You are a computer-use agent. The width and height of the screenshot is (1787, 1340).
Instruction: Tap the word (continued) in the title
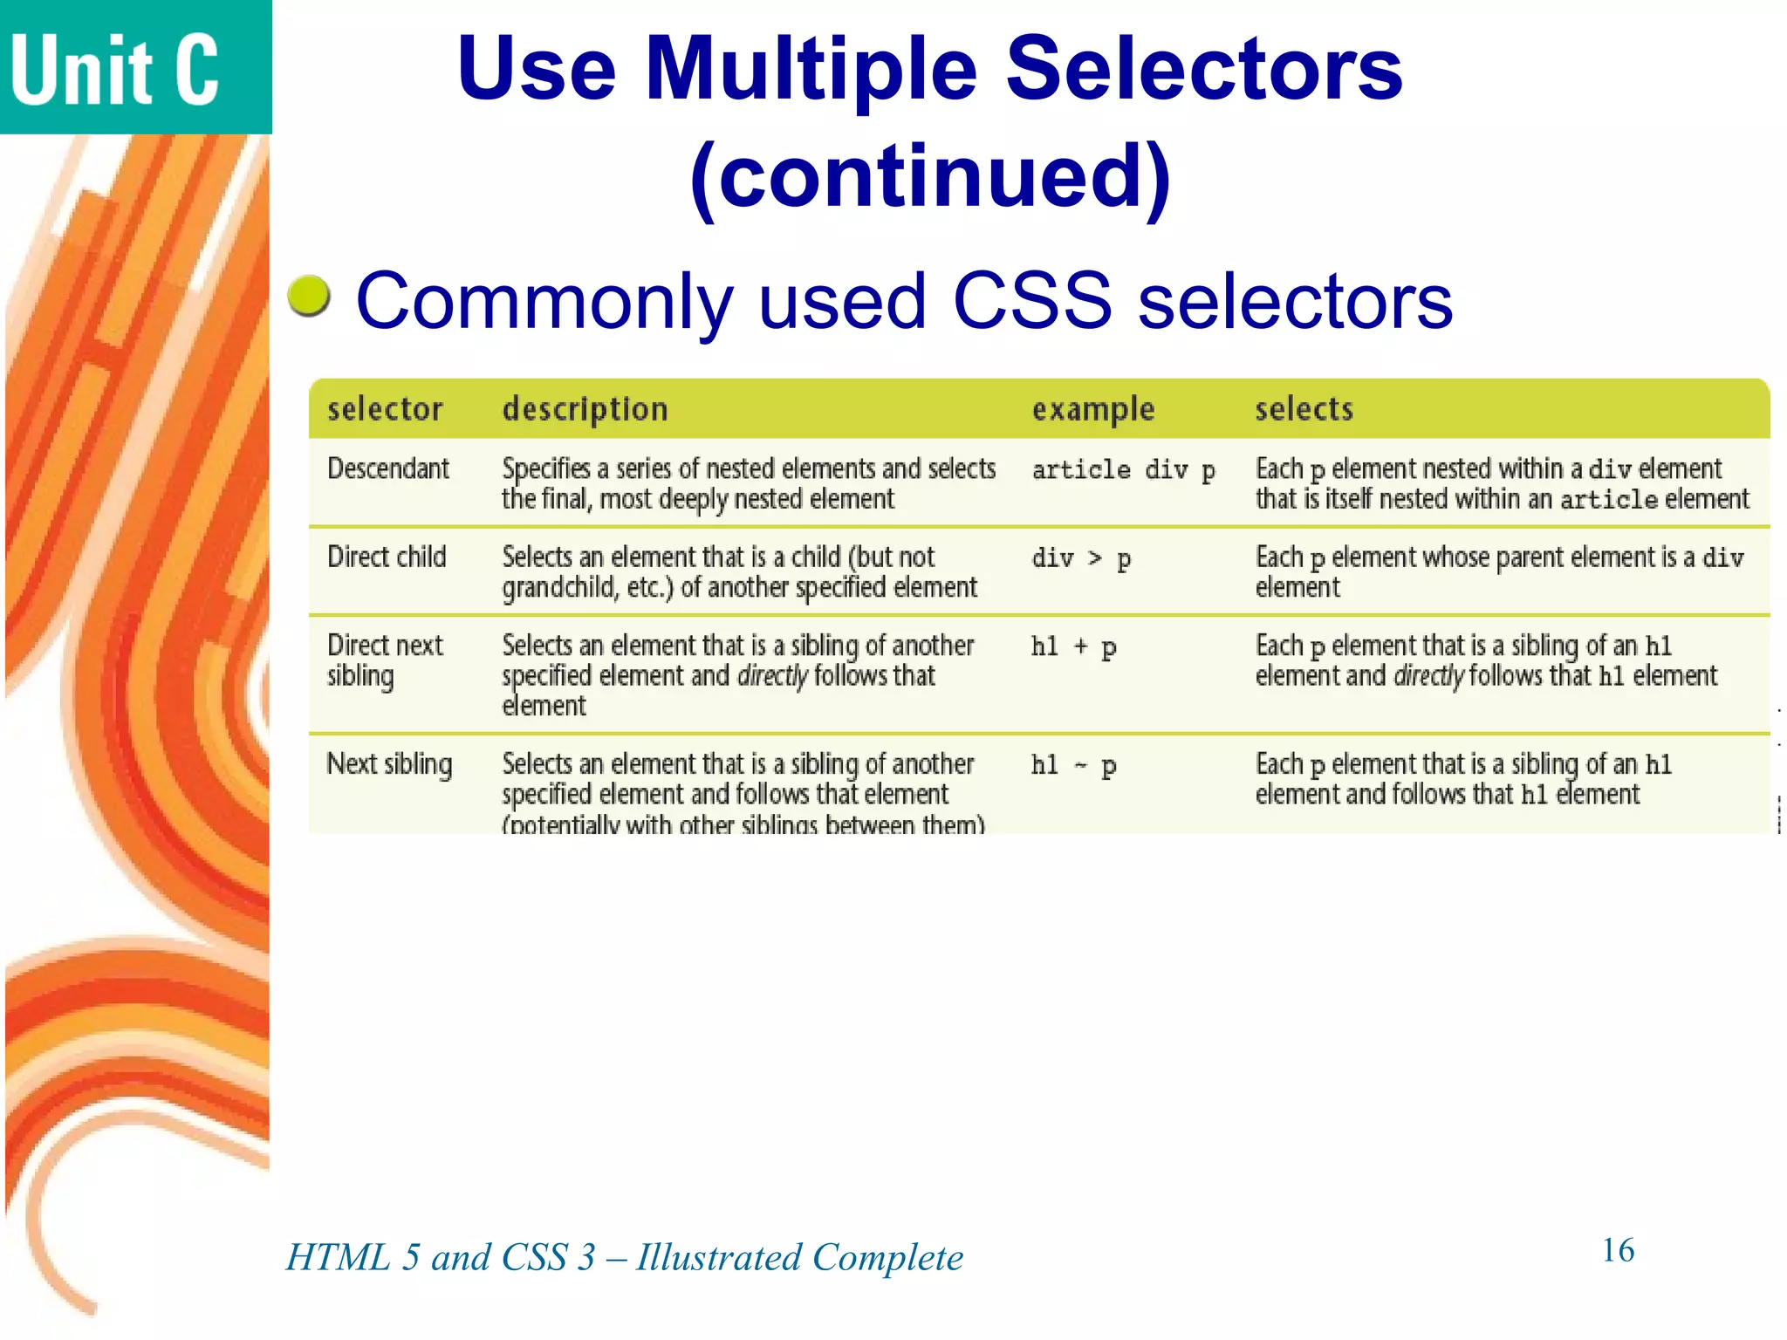point(930,176)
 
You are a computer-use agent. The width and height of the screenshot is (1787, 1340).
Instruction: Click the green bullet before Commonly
point(309,296)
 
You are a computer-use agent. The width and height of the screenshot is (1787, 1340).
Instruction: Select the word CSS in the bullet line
point(1032,300)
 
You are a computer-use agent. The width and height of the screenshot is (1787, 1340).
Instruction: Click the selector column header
point(385,409)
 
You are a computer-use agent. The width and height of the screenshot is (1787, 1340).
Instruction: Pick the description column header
point(585,409)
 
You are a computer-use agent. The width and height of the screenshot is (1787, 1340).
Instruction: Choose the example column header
point(1092,409)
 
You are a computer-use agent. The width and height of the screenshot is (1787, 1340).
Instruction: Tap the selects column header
point(1304,409)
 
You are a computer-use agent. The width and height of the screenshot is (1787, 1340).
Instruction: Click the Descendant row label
point(388,469)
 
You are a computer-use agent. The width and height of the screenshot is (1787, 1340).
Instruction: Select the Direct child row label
point(387,557)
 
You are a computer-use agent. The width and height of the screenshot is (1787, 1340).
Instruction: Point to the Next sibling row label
point(389,764)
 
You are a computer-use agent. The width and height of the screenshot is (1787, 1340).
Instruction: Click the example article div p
point(1123,470)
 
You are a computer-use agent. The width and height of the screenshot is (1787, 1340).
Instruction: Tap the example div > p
point(1081,558)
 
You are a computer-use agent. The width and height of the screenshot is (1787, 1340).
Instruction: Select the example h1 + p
point(1073,646)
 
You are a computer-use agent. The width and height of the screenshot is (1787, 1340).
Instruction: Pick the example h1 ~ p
point(1073,766)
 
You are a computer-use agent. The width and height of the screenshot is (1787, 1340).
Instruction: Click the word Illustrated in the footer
point(718,1257)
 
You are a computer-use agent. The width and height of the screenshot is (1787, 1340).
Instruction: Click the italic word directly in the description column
point(772,676)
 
